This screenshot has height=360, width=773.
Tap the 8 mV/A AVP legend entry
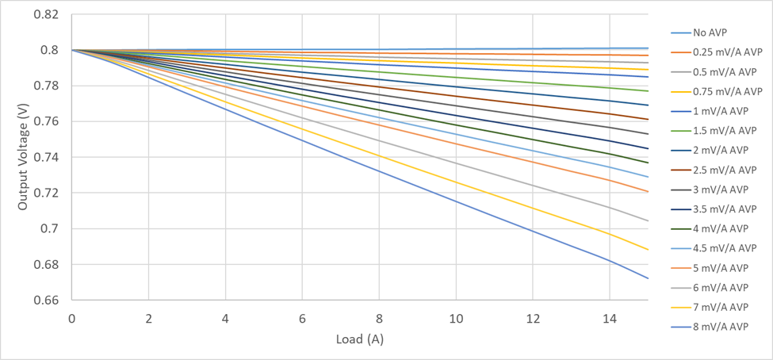[720, 327]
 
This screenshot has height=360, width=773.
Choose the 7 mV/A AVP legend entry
[720, 307]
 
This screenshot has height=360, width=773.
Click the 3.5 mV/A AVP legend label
[725, 209]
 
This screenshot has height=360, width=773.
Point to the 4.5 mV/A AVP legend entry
[725, 248]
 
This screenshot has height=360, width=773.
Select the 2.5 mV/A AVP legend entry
[725, 170]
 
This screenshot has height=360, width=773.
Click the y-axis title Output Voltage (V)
[24, 159]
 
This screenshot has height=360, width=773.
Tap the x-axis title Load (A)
[360, 339]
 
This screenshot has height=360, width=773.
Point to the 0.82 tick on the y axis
[48, 15]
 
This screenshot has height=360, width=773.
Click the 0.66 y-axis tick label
[48, 301]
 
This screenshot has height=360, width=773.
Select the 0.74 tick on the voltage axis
[48, 158]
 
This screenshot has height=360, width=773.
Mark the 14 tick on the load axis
[610, 319]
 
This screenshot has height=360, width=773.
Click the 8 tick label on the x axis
[379, 319]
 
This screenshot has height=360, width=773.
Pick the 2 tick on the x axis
[148, 319]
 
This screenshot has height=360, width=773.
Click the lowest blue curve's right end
[648, 278]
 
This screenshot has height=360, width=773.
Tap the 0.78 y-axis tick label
[48, 86]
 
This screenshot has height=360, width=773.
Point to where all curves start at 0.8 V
[72, 50]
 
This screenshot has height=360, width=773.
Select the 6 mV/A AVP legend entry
[720, 287]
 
